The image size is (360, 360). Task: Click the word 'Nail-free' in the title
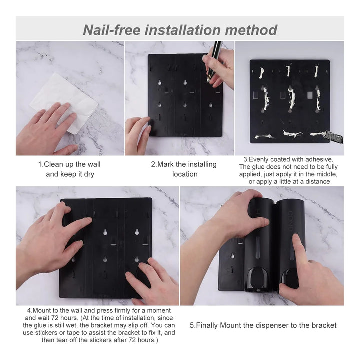pyautogui.click(x=112, y=30)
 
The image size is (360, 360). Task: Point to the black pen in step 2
pyautogui.click(x=214, y=60)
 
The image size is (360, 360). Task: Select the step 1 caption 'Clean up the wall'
pyautogui.click(x=72, y=164)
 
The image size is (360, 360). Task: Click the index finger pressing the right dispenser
pyautogui.click(x=299, y=248)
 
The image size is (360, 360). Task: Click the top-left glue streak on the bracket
pyautogui.click(x=261, y=73)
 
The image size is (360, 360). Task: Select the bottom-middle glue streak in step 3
pyautogui.click(x=292, y=134)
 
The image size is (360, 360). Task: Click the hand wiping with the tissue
pyautogui.click(x=46, y=128)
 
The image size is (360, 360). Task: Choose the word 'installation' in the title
pyautogui.click(x=183, y=30)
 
